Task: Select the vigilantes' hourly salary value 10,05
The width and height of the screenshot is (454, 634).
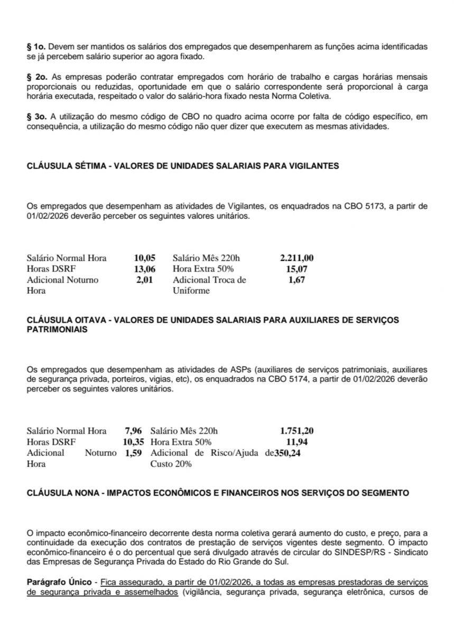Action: tap(144, 258)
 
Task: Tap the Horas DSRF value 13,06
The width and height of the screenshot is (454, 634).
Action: tap(144, 269)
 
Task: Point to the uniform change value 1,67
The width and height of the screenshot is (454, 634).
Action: tap(297, 280)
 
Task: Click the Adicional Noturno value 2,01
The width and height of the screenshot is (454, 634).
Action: tap(144, 280)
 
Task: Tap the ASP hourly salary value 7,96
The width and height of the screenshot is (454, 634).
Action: tap(133, 431)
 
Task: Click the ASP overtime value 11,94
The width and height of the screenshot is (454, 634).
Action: tap(297, 442)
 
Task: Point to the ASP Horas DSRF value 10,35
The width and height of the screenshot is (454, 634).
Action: tap(133, 442)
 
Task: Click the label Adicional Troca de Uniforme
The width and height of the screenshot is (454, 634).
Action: tap(209, 285)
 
